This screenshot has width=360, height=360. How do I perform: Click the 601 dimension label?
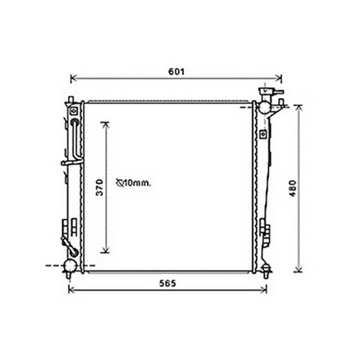click(176, 72)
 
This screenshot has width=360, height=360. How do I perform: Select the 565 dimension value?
click(168, 284)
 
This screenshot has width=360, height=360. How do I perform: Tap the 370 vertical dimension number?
click(100, 188)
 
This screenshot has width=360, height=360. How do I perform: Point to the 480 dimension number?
click(293, 189)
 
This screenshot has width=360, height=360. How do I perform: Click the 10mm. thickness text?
click(137, 183)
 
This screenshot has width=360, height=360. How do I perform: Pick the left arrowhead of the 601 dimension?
click(73, 78)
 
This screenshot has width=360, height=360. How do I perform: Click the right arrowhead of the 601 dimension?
click(279, 78)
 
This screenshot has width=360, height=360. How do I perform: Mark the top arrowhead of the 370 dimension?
click(105, 125)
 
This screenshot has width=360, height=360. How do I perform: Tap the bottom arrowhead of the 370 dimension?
click(105, 250)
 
